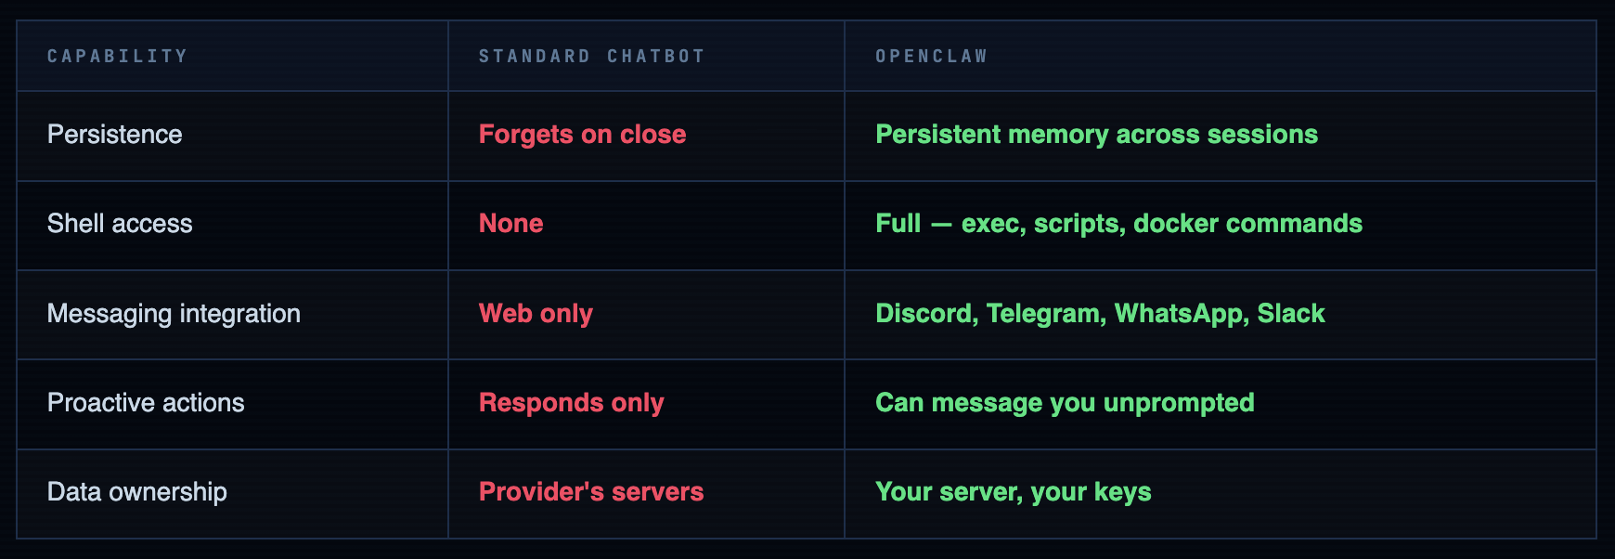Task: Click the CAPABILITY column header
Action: (117, 57)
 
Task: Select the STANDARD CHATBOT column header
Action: (591, 57)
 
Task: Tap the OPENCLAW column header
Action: (931, 57)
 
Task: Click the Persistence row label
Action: (114, 135)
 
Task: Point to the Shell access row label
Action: (120, 224)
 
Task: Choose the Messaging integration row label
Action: (174, 314)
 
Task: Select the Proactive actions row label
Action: (146, 403)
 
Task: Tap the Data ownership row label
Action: (136, 492)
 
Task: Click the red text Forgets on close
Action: (582, 135)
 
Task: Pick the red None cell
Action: (510, 224)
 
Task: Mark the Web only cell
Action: (536, 314)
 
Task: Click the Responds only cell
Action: (571, 403)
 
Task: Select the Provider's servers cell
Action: (590, 492)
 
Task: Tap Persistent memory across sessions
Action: (1096, 135)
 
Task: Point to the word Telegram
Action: (1045, 314)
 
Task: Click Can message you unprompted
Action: (1065, 403)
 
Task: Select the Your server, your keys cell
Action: (1013, 492)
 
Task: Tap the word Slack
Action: (1290, 314)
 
